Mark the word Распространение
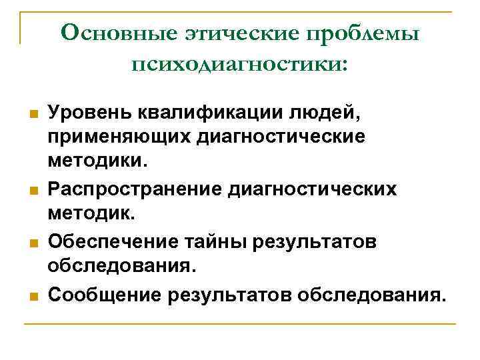tap(136, 189)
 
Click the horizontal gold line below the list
tap(240, 325)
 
